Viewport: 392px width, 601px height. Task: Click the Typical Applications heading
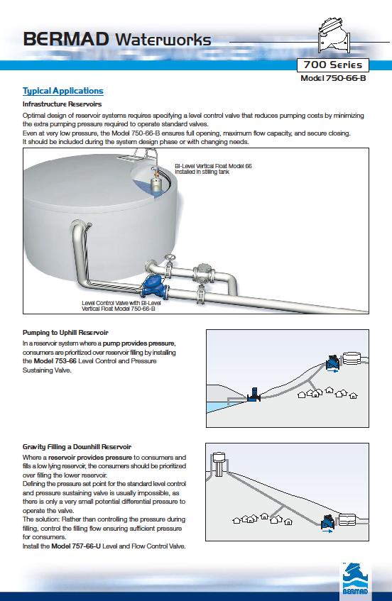[63, 92]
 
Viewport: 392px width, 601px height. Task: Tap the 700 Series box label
[333, 65]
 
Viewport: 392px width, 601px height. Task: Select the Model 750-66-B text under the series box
[333, 78]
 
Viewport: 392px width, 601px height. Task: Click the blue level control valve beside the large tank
[153, 287]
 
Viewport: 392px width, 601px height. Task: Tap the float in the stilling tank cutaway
[156, 182]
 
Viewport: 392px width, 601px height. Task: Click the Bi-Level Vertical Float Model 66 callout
[213, 169]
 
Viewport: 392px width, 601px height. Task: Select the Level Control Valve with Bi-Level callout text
[121, 306]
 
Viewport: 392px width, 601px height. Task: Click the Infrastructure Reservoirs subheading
[62, 104]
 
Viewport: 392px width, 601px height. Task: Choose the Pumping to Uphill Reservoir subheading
[65, 333]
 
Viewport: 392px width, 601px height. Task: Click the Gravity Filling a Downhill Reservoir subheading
[77, 447]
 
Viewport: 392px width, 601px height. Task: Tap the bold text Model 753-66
[55, 361]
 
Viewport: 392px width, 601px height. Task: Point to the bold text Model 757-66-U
[76, 546]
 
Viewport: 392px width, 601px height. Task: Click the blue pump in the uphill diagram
[253, 395]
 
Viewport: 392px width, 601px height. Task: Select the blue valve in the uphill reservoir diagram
[332, 362]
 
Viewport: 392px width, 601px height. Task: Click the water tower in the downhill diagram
[219, 464]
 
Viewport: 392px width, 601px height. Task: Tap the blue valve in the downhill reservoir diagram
[327, 522]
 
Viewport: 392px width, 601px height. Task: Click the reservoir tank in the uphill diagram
[352, 358]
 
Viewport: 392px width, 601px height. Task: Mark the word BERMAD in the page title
[66, 39]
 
